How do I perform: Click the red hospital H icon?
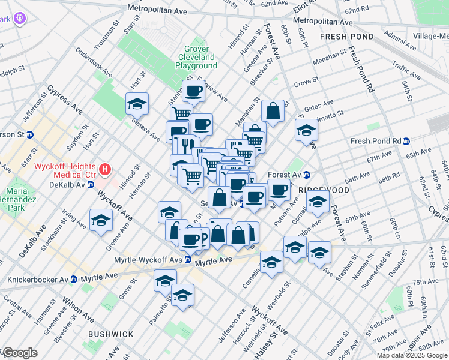tap(106, 170)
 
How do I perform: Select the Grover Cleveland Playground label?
tap(197, 58)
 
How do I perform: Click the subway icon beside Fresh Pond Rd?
tap(406, 142)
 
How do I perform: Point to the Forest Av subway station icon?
tap(306, 175)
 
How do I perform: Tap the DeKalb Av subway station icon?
tap(91, 184)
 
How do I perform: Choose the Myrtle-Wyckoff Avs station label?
tap(148, 260)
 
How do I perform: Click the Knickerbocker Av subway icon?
tap(73, 280)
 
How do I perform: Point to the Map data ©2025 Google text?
tap(411, 355)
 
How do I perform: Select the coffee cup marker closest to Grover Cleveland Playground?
tap(193, 92)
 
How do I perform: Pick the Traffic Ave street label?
tap(406, 70)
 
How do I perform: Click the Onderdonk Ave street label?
tap(94, 62)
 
